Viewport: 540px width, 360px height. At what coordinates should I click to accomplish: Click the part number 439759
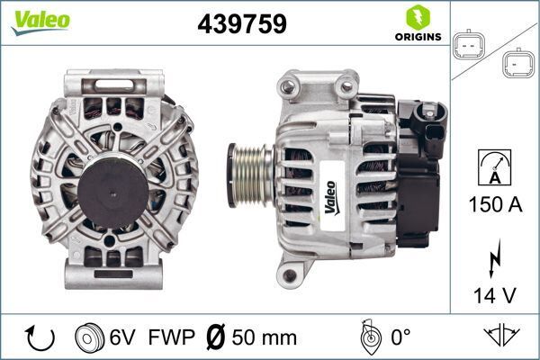(240, 23)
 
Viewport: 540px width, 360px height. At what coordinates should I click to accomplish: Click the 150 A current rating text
(494, 204)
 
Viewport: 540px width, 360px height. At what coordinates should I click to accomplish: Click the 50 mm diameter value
(265, 337)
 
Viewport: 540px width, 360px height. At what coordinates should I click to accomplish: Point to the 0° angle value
(400, 337)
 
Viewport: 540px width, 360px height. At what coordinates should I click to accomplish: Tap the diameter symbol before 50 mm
(216, 337)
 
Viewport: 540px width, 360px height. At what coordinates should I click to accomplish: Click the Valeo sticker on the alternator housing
(329, 198)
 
